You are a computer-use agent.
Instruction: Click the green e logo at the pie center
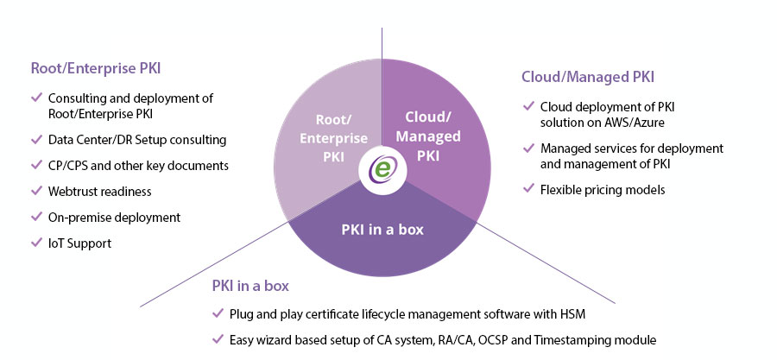pyautogui.click(x=382, y=170)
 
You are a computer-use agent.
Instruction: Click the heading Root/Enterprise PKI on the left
pyautogui.click(x=96, y=68)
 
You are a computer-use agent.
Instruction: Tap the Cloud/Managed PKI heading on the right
pyautogui.click(x=588, y=77)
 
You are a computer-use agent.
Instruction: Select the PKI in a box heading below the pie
pyautogui.click(x=250, y=287)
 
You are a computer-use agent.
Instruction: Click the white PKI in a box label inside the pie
pyautogui.click(x=382, y=230)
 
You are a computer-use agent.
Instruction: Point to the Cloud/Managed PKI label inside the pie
pyautogui.click(x=427, y=136)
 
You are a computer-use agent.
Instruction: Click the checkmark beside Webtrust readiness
pyautogui.click(x=36, y=191)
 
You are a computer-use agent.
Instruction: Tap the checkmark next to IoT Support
pyautogui.click(x=36, y=243)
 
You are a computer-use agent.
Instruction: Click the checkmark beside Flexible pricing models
pyautogui.click(x=528, y=189)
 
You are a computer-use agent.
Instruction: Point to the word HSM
pyautogui.click(x=574, y=314)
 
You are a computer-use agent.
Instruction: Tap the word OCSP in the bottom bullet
pyautogui.click(x=507, y=340)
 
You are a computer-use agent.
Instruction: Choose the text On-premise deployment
pyautogui.click(x=115, y=218)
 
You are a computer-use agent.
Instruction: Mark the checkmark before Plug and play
pyautogui.click(x=218, y=313)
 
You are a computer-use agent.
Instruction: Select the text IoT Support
pyautogui.click(x=79, y=243)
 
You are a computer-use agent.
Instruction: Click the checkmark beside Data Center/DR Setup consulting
pyautogui.click(x=36, y=139)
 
